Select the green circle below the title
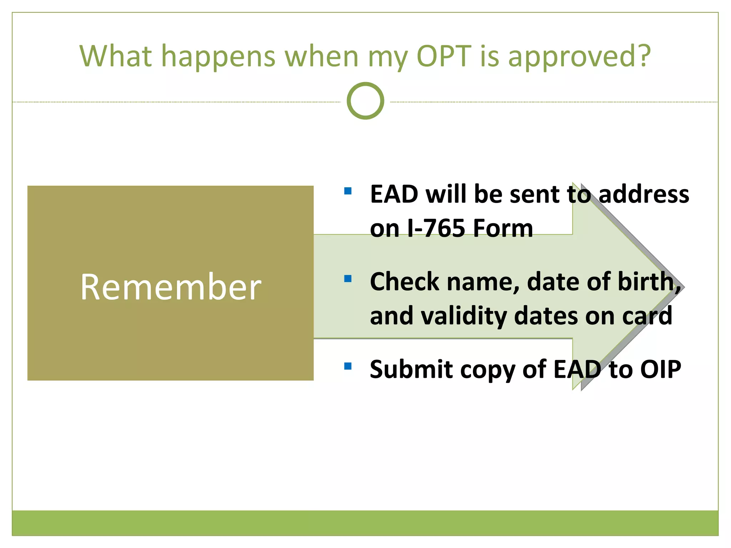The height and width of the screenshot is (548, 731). [365, 101]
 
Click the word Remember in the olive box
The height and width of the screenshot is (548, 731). [171, 287]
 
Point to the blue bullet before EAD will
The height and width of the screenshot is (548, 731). [348, 191]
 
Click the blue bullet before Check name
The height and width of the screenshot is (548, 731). [348, 278]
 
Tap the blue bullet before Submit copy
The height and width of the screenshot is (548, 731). [348, 366]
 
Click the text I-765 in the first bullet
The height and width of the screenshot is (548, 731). [436, 228]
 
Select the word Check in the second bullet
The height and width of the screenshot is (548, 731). [404, 282]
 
